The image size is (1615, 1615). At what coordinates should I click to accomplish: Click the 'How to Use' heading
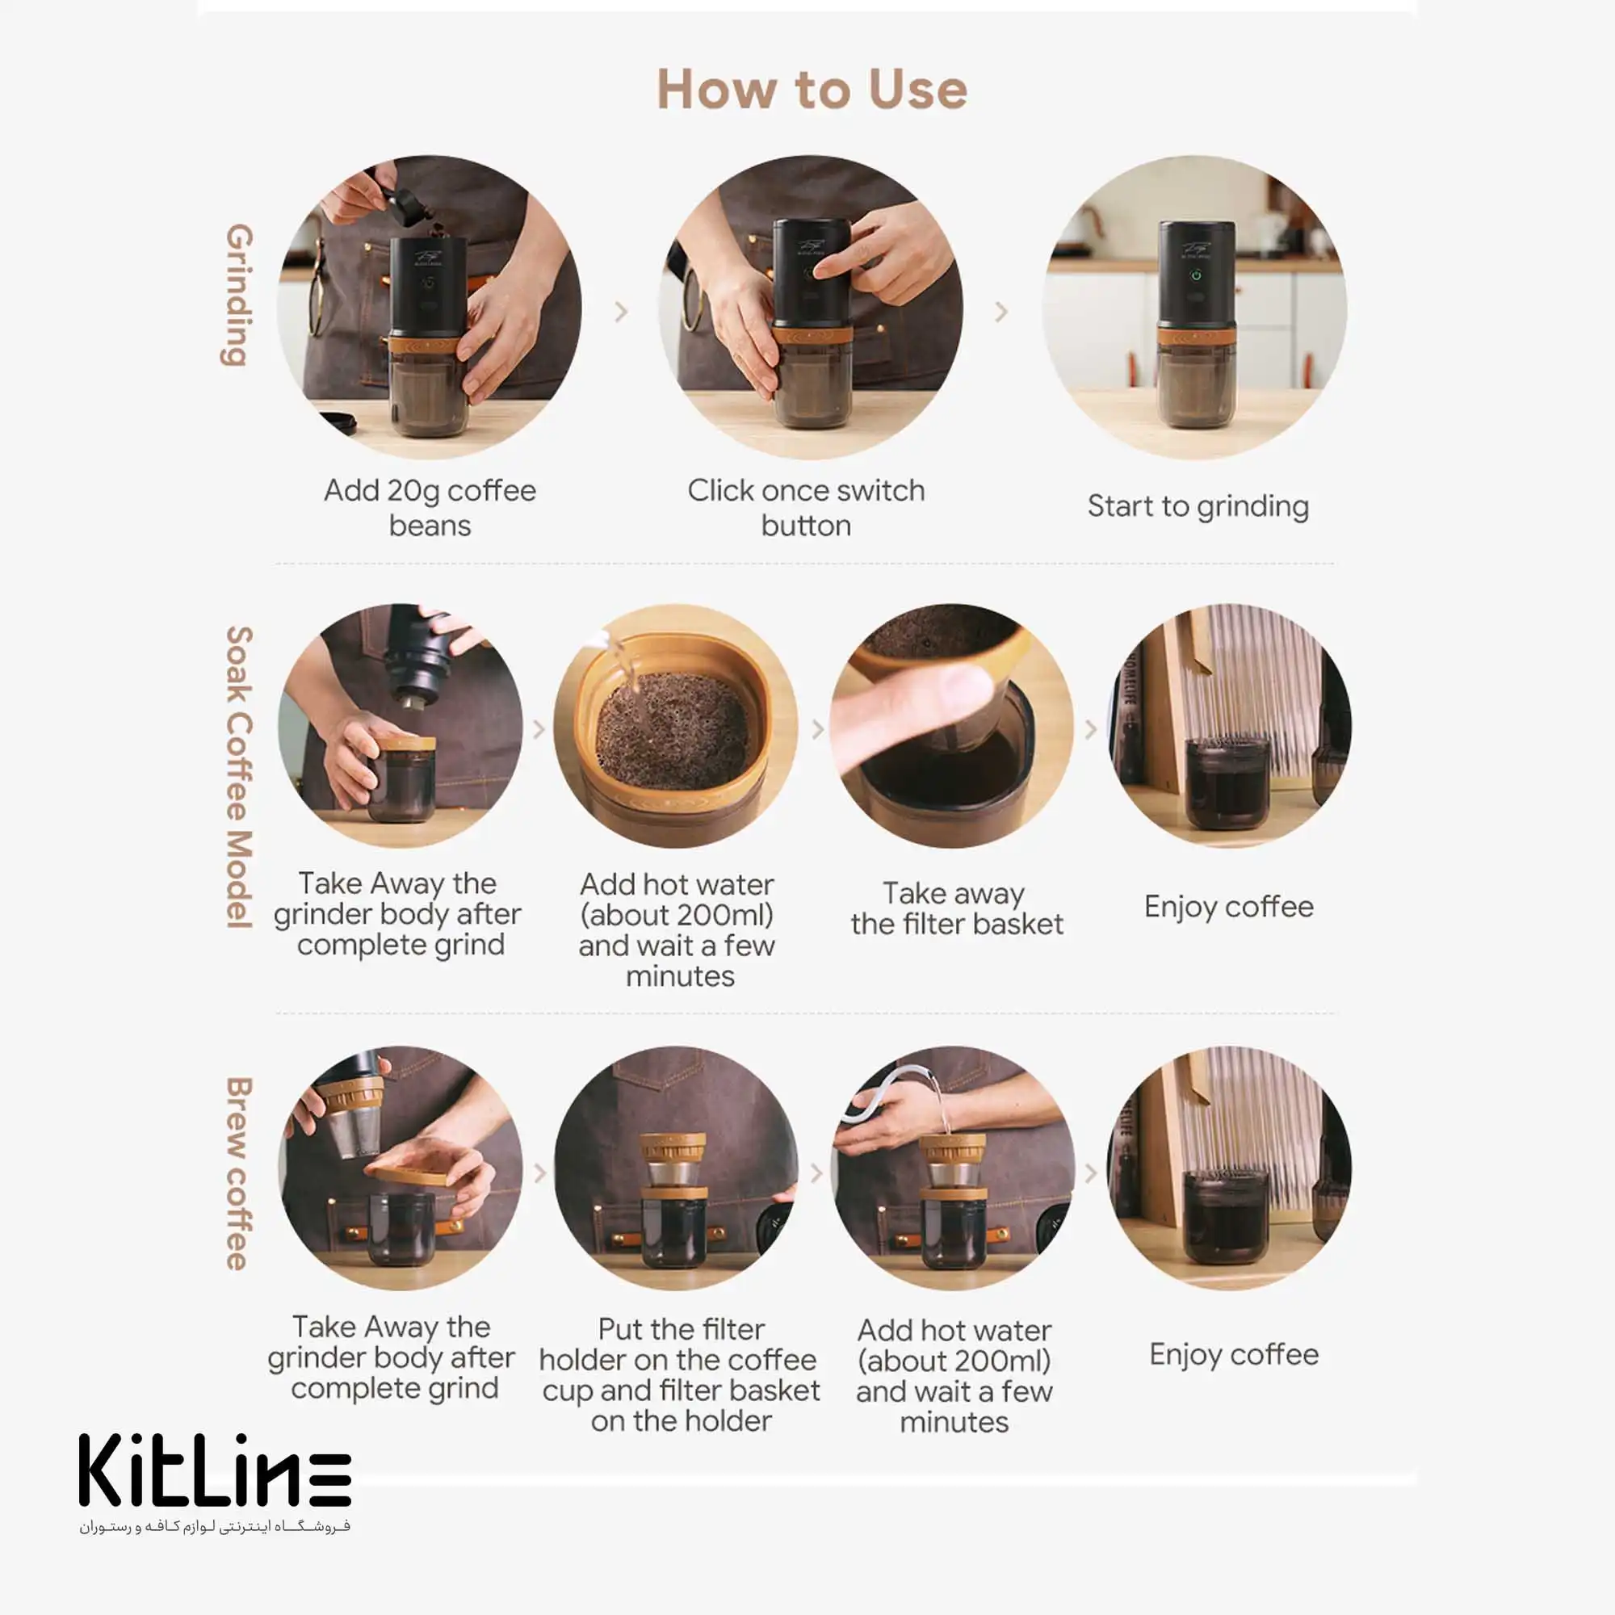click(812, 90)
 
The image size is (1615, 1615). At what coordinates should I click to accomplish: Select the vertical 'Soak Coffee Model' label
click(238, 777)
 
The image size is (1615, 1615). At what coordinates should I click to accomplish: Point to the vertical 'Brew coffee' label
click(238, 1173)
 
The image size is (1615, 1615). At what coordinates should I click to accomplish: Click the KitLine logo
click(215, 1470)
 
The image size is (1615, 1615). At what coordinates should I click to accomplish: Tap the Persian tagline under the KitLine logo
click(215, 1526)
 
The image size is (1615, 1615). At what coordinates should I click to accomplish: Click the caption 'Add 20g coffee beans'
click(430, 507)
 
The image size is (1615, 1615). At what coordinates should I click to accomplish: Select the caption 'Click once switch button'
click(806, 507)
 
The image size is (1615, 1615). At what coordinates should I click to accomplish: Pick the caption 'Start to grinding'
click(1198, 506)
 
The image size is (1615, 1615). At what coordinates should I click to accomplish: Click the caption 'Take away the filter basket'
click(956, 908)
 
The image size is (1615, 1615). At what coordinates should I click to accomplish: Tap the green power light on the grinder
click(1196, 275)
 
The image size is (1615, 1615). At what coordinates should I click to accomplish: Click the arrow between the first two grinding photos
click(621, 312)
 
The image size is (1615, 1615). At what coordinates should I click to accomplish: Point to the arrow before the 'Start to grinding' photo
click(1001, 312)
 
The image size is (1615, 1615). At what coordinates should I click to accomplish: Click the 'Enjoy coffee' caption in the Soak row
click(1229, 907)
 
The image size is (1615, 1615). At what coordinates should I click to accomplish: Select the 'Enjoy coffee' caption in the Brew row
click(1234, 1355)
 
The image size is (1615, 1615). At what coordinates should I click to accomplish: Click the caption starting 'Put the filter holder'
click(680, 1375)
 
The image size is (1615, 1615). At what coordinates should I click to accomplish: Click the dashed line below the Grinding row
click(804, 564)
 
